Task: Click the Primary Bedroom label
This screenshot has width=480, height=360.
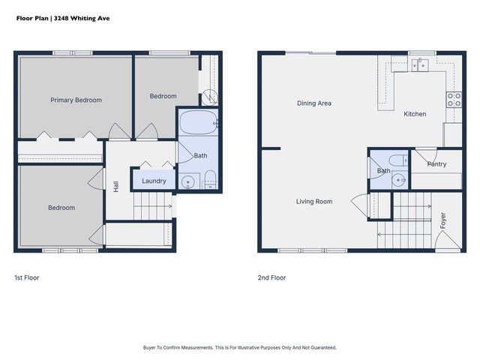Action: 76,100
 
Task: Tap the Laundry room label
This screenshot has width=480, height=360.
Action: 154,181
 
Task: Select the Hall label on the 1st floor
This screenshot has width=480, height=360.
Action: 115,187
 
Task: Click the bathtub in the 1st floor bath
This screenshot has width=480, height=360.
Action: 198,122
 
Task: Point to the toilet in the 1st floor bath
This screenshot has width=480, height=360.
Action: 210,180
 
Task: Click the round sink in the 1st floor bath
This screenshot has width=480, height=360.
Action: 187,182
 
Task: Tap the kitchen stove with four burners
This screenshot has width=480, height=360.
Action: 454,100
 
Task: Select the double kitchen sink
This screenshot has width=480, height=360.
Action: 420,65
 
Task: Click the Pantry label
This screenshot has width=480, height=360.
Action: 436,164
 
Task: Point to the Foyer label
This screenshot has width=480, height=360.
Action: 442,220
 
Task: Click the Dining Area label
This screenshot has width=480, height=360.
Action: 314,103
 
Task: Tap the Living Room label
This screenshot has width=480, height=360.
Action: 314,202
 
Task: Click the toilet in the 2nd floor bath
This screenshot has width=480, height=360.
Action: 398,160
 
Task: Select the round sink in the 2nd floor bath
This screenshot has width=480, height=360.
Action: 398,180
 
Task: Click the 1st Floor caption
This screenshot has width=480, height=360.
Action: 27,277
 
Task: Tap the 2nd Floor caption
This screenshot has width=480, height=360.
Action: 271,277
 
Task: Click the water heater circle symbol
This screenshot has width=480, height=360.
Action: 210,97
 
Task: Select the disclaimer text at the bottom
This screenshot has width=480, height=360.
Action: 240,348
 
